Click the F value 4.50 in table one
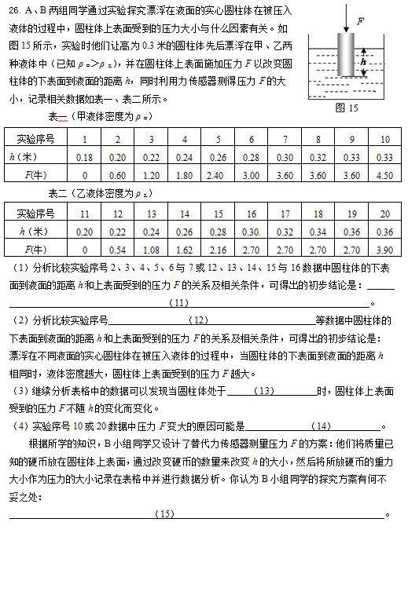(384, 175)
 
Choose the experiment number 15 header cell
(218, 214)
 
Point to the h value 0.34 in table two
(318, 232)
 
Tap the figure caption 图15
(346, 108)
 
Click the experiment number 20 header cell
(384, 214)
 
